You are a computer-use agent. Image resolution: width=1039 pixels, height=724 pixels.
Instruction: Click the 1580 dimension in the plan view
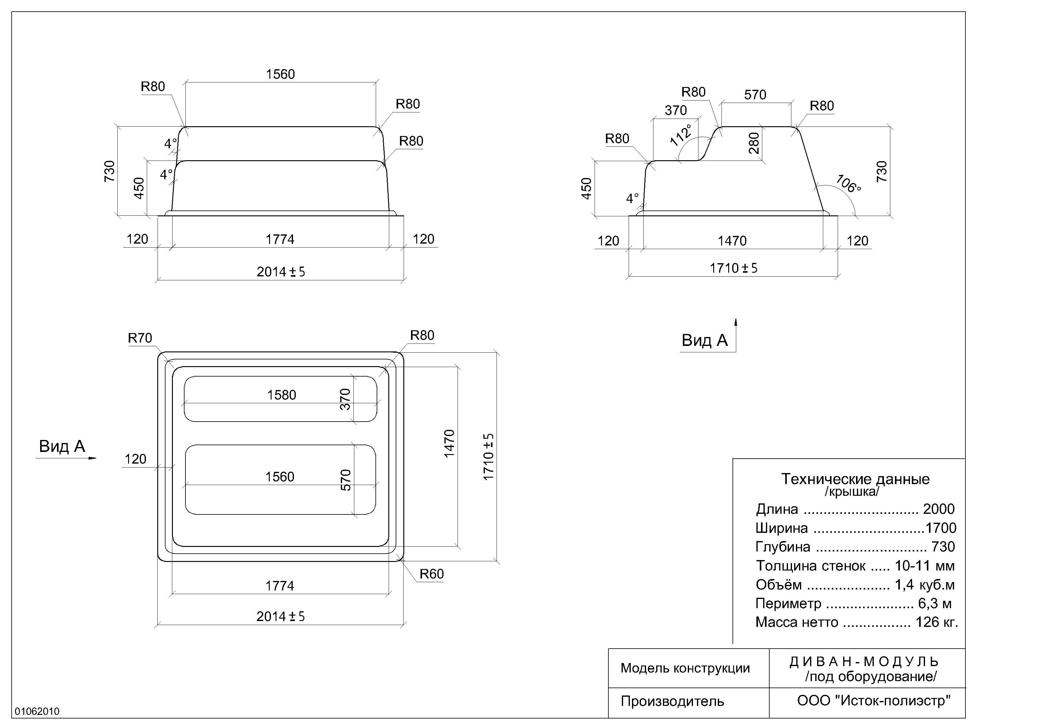tap(281, 395)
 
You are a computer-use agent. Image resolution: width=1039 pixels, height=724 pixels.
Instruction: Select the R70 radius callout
tap(140, 338)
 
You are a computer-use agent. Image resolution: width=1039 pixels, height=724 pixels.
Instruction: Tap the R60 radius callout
tap(431, 574)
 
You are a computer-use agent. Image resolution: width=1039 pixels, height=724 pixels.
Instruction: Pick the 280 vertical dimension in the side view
tap(754, 143)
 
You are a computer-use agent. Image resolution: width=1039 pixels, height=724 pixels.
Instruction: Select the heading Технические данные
tap(855, 479)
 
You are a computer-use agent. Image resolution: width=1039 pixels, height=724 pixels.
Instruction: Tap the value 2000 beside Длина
tap(938, 509)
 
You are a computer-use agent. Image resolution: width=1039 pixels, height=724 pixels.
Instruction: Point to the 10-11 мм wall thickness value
tap(924, 566)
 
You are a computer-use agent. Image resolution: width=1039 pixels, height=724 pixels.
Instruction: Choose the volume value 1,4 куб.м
tap(924, 585)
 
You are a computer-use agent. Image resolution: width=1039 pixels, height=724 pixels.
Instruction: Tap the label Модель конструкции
tap(685, 668)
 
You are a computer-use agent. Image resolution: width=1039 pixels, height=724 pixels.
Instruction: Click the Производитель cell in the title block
tap(672, 701)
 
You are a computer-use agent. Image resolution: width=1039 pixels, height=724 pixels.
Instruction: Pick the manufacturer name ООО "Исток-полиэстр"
tap(874, 700)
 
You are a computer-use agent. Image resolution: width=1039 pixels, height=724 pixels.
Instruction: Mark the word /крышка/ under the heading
tap(852, 492)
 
